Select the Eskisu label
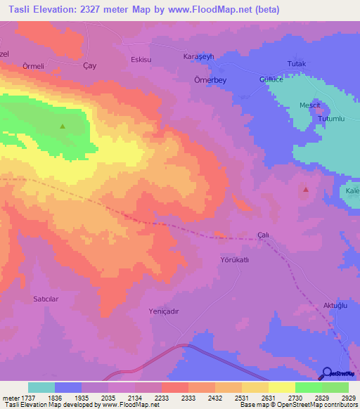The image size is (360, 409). [x=141, y=60]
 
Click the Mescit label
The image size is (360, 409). [x=310, y=105]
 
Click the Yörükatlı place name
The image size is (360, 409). [x=236, y=259]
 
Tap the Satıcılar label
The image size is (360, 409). [x=49, y=299]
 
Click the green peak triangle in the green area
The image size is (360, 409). [x=63, y=126]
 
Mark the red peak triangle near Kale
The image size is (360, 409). [x=305, y=189]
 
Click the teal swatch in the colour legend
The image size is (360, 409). [x=41, y=387]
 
